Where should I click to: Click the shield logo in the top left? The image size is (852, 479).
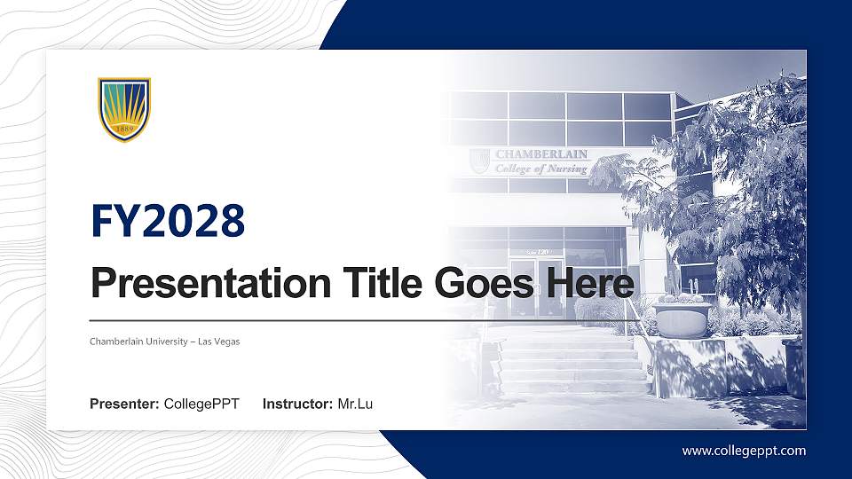pos(124,109)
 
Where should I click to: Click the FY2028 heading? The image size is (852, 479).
pos(168,222)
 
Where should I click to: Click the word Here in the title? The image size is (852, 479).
pos(590,285)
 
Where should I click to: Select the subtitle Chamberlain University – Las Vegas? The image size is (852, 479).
pos(165,342)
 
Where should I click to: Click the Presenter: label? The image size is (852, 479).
pos(124,404)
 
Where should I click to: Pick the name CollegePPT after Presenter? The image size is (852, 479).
pos(201,404)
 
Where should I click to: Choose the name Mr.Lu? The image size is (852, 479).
pos(355,404)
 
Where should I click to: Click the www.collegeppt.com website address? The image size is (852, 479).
pos(744,451)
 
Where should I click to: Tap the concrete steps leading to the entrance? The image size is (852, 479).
pos(572,364)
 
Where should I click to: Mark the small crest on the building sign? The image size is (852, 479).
pos(480,161)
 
